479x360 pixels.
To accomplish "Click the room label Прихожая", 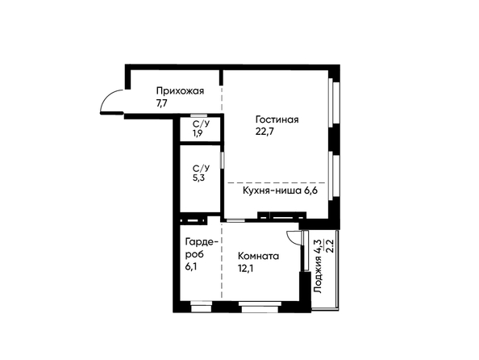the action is [x=181, y=91].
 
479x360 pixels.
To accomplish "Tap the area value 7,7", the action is [x=162, y=103].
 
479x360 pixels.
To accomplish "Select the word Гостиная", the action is [x=277, y=119].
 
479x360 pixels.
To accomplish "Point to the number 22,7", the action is [x=264, y=132].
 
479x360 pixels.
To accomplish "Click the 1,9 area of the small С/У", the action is [x=198, y=133].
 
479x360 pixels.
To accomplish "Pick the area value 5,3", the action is [x=198, y=178].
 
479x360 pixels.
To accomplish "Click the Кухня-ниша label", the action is [x=272, y=190].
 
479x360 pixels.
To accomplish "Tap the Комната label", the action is [x=258, y=256].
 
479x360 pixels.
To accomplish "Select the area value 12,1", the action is [x=246, y=268].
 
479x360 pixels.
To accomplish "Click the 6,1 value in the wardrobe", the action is [x=190, y=266].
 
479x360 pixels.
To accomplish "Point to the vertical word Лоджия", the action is [x=318, y=275].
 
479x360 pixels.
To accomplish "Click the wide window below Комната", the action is [x=260, y=307].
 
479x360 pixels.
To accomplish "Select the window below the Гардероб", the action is [x=201, y=307].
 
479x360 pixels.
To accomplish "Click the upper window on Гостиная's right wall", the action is [x=334, y=103].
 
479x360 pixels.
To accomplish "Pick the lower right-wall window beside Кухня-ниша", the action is [x=334, y=176].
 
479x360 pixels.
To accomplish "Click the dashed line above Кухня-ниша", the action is [x=277, y=182].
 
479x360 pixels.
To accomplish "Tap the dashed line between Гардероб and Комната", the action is [x=222, y=259].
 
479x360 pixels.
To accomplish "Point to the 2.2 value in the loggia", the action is [x=330, y=246].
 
